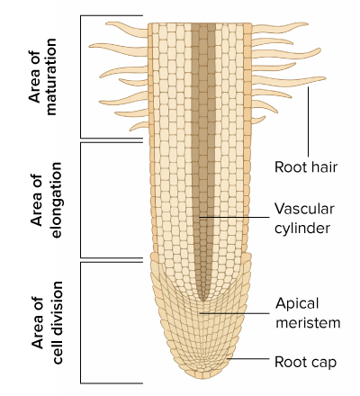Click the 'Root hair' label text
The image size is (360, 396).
point(306,167)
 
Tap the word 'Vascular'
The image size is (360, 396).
point(304,209)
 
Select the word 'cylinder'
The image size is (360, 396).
point(302,228)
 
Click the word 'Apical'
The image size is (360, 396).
point(297,304)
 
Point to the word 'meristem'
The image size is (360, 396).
point(308,323)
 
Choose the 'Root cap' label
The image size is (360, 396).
point(305,362)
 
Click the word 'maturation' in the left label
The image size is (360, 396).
point(51,76)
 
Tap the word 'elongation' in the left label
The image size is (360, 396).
point(56,200)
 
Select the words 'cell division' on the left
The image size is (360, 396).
point(57,323)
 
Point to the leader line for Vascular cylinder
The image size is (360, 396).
point(234,217)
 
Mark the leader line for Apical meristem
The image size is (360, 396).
point(234,313)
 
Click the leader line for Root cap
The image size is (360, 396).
point(247,358)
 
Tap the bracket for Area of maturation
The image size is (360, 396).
point(81,76)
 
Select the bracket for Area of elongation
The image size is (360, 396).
point(81,200)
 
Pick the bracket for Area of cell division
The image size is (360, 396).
point(81,323)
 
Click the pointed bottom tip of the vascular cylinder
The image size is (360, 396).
point(203,301)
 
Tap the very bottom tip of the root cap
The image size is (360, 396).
point(203,379)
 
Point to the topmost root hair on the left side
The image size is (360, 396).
point(127,29)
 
